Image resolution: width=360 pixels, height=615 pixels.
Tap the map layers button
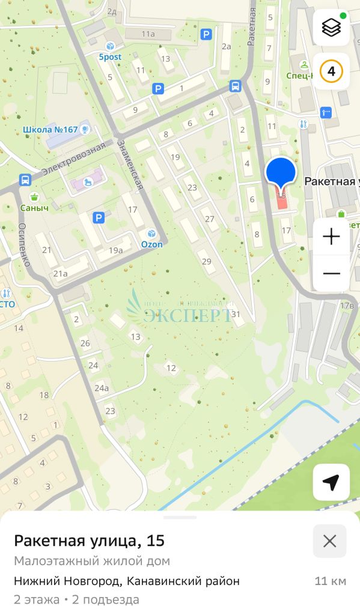[331, 28]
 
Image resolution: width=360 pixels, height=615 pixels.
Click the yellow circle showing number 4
[331, 71]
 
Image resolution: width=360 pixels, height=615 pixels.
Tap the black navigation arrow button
[331, 482]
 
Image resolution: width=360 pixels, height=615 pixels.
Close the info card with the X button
[329, 541]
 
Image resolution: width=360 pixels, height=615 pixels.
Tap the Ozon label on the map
[151, 244]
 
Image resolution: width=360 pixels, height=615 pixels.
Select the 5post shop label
[110, 56]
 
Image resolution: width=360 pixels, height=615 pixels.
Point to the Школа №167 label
[50, 129]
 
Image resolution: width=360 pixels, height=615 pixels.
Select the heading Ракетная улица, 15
[89, 541]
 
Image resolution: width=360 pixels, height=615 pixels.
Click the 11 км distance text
[330, 581]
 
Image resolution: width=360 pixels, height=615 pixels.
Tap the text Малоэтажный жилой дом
[92, 562]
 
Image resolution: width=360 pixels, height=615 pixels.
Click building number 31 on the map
[236, 314]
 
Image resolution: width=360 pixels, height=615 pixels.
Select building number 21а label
[61, 273]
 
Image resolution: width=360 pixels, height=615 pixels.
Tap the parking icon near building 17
[99, 217]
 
